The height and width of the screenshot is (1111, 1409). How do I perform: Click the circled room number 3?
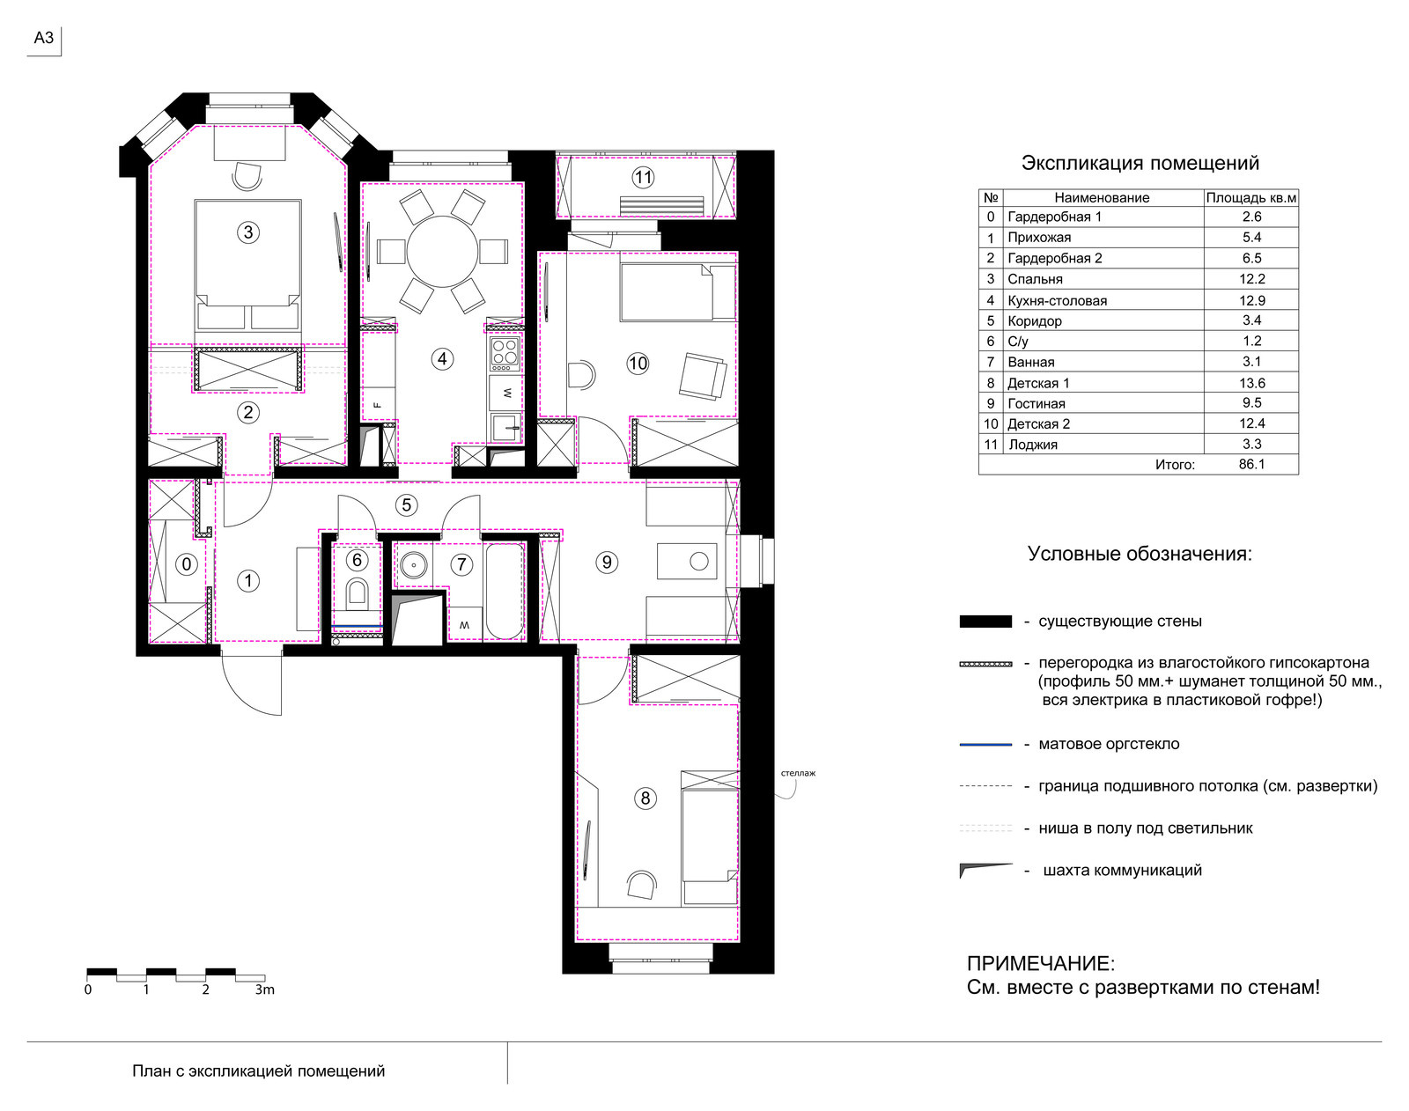coord(248,232)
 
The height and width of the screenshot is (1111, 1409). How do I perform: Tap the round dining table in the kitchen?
coord(443,252)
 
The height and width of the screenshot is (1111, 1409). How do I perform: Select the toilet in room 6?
coord(357,592)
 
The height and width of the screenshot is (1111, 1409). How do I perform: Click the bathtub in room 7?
coord(505,592)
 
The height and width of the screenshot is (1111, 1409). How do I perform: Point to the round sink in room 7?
coord(413,564)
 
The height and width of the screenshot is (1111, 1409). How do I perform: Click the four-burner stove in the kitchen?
coord(505,353)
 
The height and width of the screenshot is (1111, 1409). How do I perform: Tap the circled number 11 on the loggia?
coord(643,178)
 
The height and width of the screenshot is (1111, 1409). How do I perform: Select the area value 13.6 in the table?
coord(1251,383)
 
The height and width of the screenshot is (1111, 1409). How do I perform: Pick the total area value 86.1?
coord(1251,464)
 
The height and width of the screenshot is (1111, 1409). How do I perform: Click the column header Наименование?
coord(1102,198)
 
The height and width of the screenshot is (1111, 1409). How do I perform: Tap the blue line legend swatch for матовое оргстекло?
coord(985,745)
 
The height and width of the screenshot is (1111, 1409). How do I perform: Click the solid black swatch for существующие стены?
coord(985,622)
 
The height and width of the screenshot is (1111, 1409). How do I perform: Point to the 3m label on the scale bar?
coord(264,990)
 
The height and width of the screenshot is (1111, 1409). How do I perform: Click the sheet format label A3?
coord(43,38)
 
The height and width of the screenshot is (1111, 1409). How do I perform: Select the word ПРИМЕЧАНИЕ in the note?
coord(1040,964)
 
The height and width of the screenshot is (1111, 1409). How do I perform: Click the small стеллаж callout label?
coord(798,773)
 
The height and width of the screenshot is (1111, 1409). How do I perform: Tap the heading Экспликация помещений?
coord(1140,163)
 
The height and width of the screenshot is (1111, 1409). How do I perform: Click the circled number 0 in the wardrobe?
coord(187,564)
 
